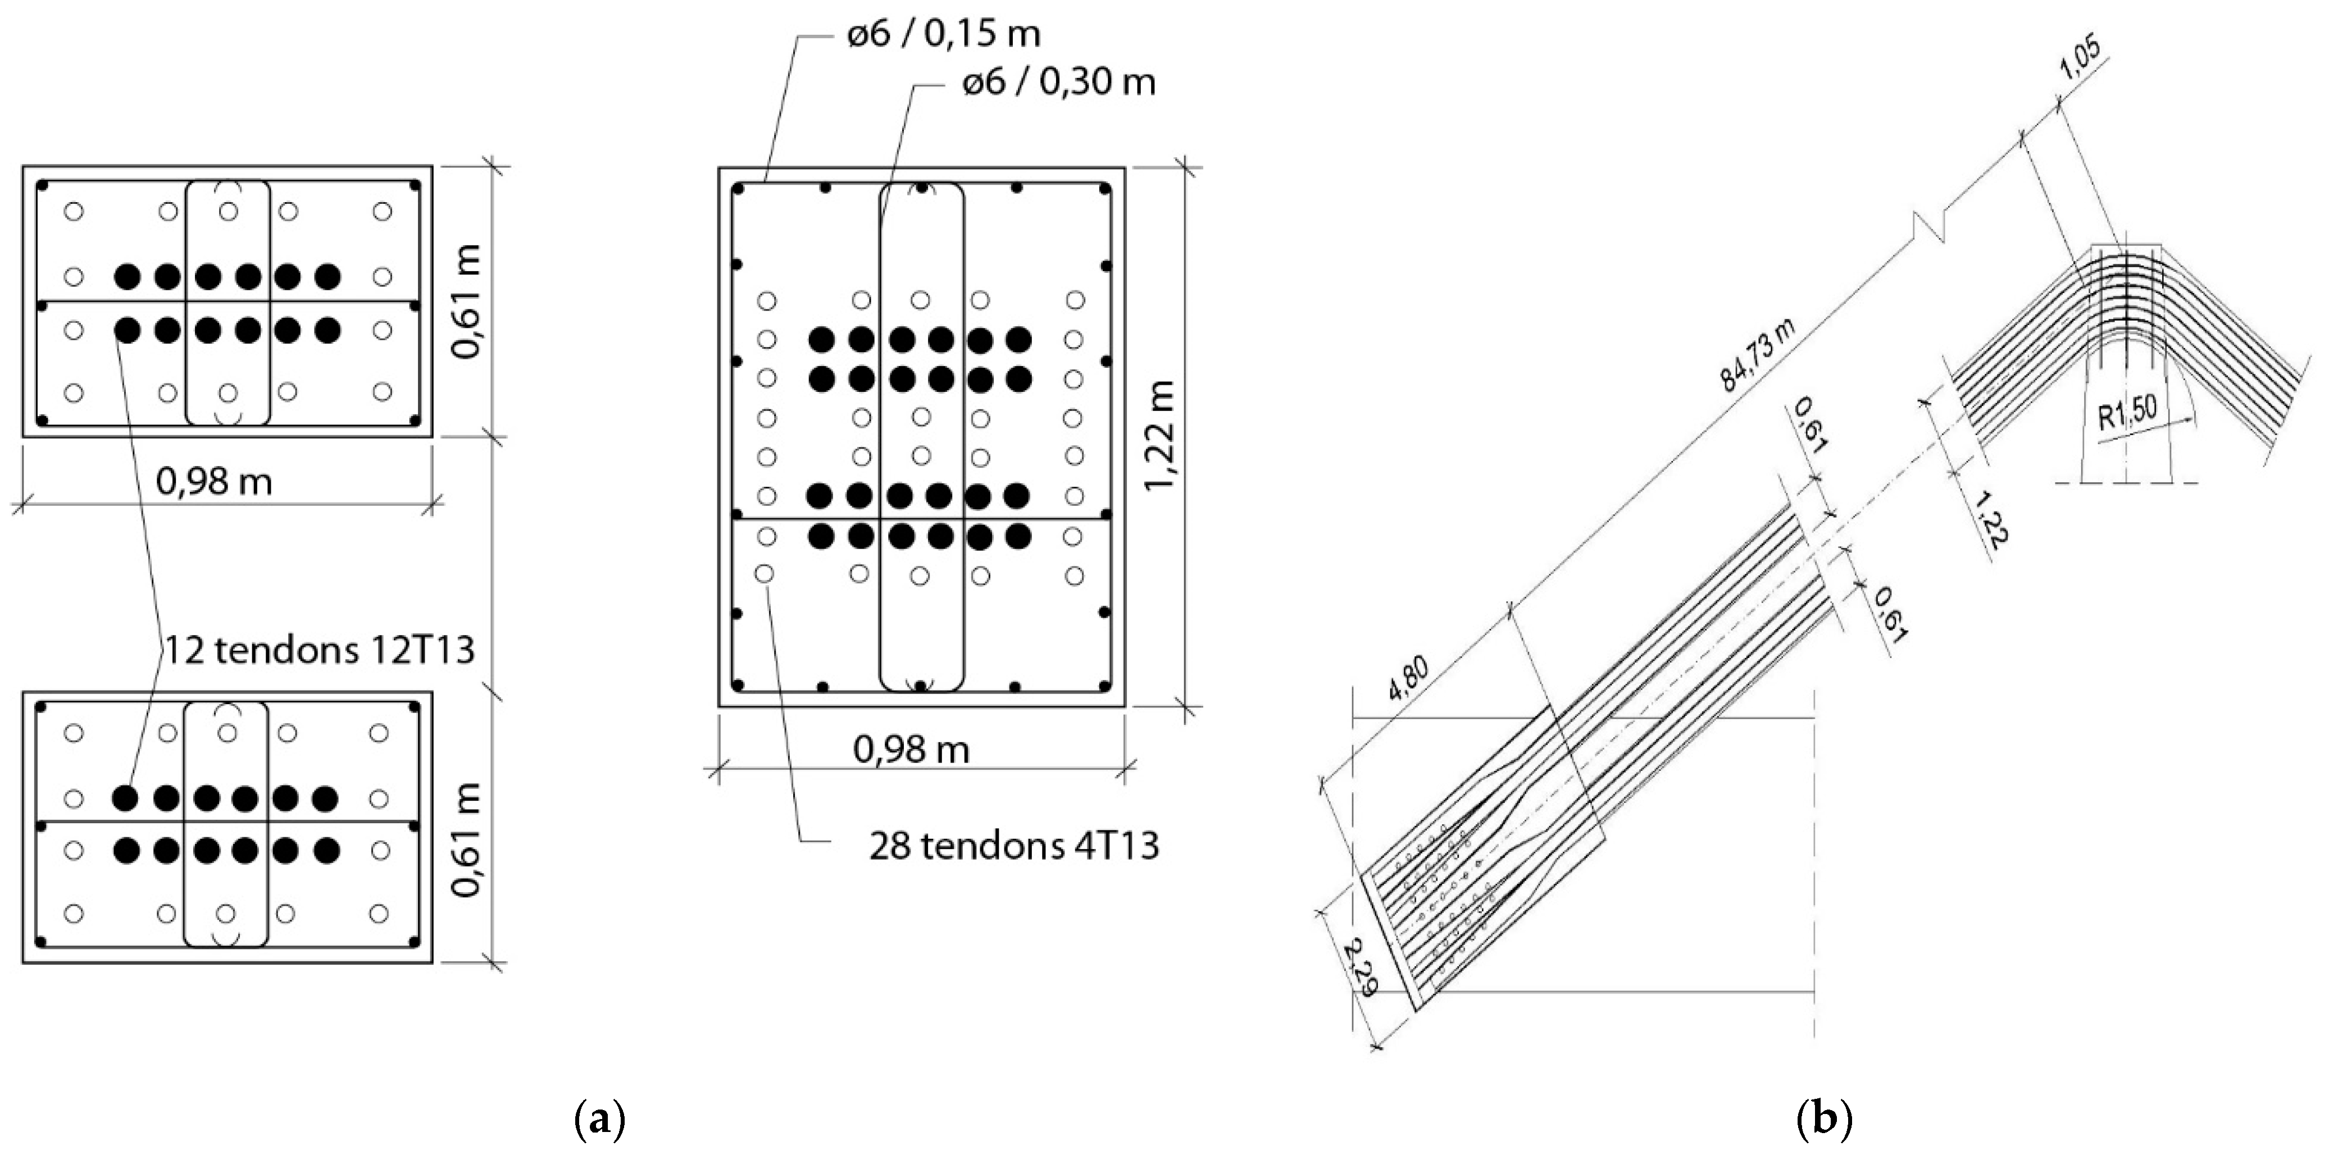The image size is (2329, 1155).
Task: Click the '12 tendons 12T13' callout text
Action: (x=319, y=650)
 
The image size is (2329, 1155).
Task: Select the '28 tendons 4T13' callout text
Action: (x=1013, y=846)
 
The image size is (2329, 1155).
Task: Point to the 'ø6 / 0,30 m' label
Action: (x=1058, y=82)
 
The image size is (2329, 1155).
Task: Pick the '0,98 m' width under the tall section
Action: (x=911, y=749)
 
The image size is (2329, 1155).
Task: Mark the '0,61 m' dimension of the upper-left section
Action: (x=467, y=301)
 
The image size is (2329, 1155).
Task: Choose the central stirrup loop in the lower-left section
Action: (x=226, y=824)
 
